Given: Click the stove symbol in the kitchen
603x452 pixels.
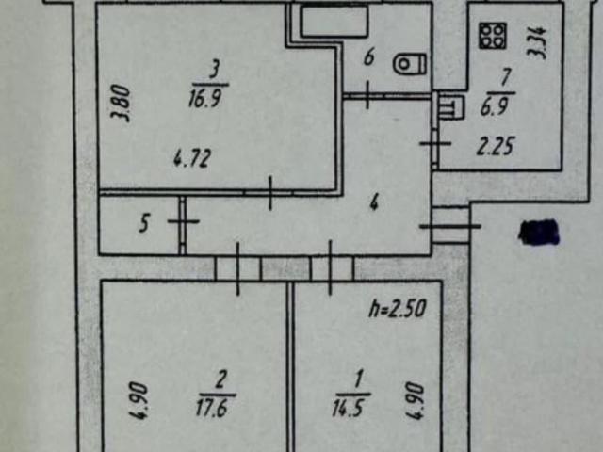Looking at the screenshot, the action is (493, 36).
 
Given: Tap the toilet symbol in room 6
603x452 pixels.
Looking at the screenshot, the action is (410, 64).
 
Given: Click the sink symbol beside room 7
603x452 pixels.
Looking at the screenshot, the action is (451, 106).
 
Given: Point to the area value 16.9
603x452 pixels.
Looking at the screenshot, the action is (205, 100).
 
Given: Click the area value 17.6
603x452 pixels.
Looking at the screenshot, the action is (216, 408).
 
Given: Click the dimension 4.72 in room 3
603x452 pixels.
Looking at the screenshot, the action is (192, 159).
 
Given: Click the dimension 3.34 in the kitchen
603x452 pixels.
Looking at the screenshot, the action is (537, 41).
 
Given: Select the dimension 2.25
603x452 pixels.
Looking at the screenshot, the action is (496, 147).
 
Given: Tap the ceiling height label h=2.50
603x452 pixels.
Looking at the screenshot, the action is (398, 309).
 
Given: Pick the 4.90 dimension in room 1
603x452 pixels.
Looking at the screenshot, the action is (415, 400).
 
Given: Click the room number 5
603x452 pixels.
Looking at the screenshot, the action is (144, 224).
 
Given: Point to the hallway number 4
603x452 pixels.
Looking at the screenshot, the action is (374, 202).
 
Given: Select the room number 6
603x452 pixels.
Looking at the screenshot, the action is (368, 58).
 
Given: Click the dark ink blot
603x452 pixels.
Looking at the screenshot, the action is (539, 233).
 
